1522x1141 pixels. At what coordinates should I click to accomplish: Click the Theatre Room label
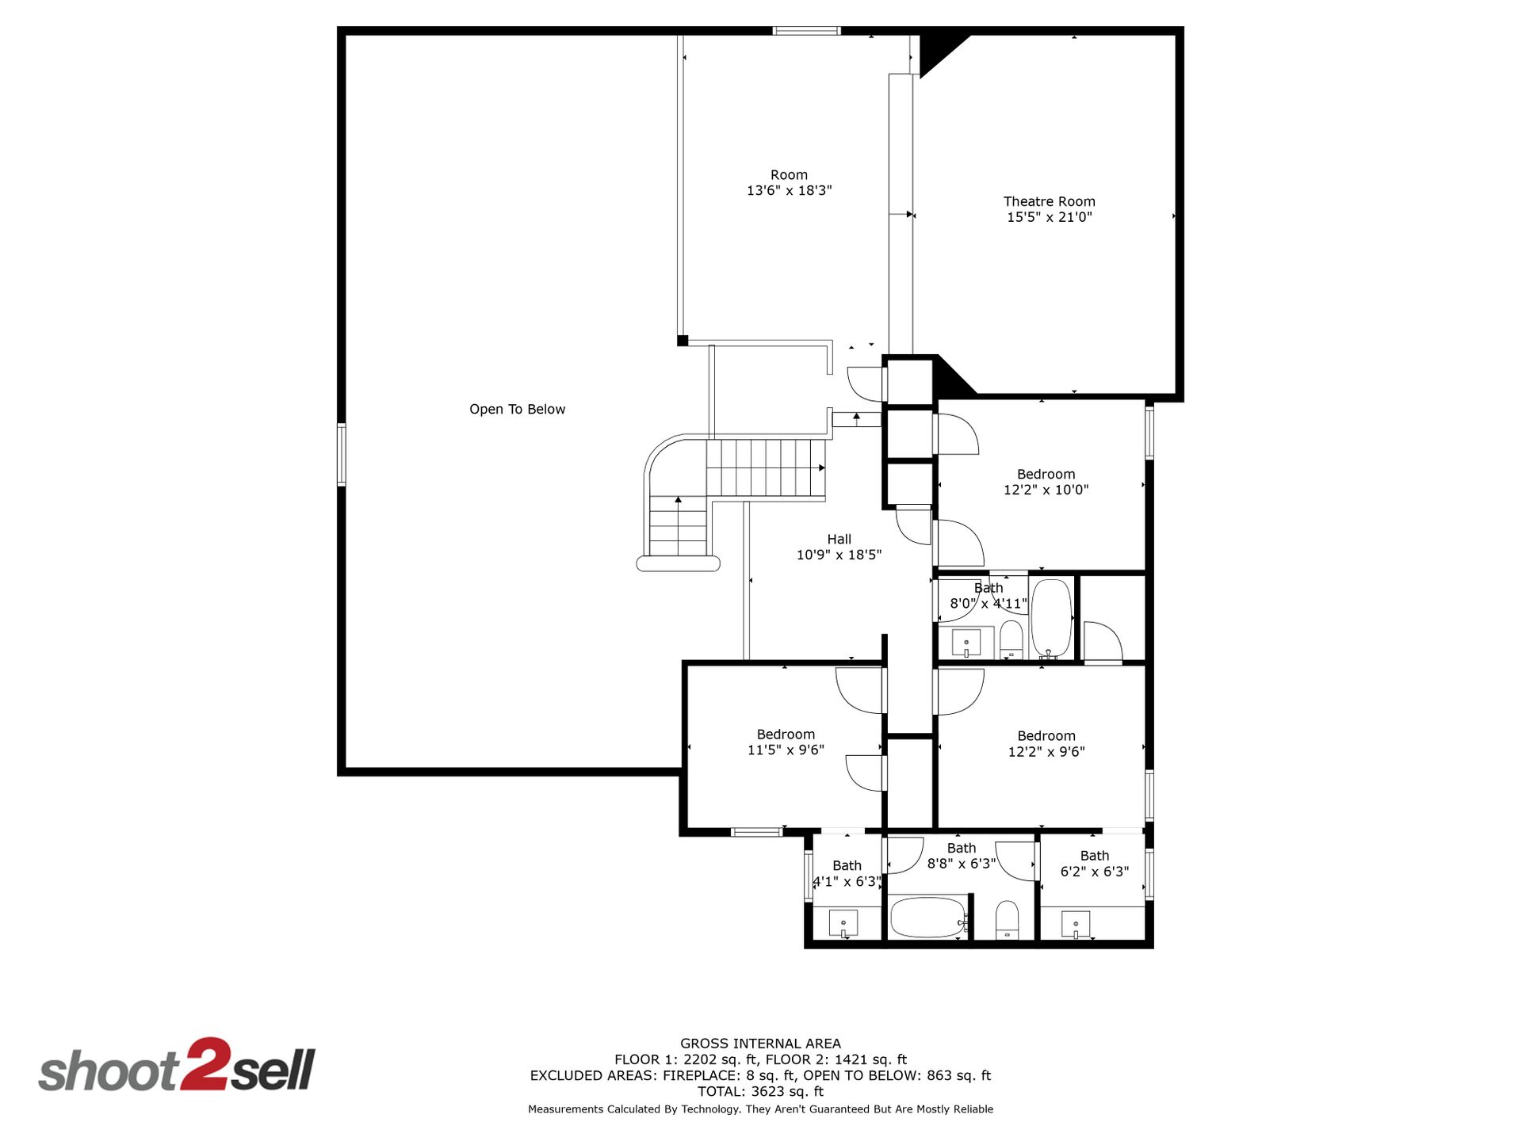click(1049, 201)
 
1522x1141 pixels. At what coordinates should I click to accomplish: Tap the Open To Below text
click(517, 409)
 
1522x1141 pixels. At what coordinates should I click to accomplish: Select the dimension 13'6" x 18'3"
click(789, 190)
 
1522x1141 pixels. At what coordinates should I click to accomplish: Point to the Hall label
click(839, 539)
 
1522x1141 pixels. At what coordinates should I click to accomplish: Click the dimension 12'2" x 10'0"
click(1046, 490)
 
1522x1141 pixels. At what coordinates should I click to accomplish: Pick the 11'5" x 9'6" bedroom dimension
click(786, 750)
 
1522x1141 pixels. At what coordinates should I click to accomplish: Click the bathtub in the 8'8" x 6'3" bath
click(927, 918)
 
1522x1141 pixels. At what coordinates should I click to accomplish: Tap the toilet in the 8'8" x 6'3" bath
click(1007, 920)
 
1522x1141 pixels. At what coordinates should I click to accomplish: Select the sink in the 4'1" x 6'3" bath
click(843, 924)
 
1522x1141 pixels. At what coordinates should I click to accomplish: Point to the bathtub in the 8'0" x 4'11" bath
click(1051, 619)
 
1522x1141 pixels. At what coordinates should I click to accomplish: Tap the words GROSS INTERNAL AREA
click(760, 1044)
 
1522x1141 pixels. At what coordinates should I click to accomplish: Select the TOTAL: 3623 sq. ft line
click(760, 1091)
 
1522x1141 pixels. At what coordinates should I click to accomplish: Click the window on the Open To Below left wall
click(342, 454)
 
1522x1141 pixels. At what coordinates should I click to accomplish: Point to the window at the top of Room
click(806, 31)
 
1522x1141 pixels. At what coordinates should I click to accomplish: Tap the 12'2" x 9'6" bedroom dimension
click(1046, 751)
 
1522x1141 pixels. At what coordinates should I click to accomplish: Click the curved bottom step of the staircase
click(678, 563)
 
